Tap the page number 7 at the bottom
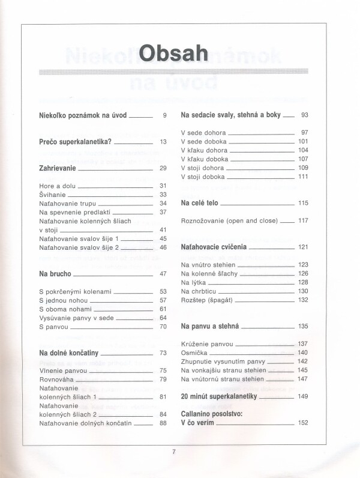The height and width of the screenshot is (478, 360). (x=173, y=452)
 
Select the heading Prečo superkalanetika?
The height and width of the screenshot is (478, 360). (x=75, y=142)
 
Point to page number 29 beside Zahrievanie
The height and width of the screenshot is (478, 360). (x=163, y=168)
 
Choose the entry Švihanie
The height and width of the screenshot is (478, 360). (x=52, y=195)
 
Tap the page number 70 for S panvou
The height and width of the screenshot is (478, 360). (x=163, y=327)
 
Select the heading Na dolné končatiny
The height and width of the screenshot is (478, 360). (x=68, y=352)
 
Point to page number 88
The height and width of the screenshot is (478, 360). (x=163, y=423)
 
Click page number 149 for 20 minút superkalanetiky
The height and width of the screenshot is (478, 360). (x=302, y=396)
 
